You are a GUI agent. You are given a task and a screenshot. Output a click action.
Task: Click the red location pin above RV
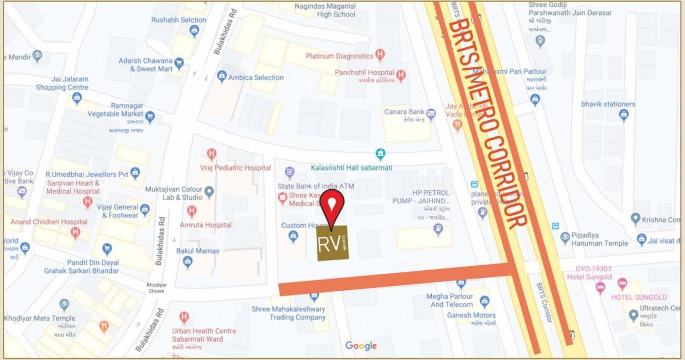tap(333, 205)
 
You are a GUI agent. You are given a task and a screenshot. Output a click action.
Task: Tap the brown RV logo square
tap(332, 243)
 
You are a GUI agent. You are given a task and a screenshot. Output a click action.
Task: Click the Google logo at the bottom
tap(361, 346)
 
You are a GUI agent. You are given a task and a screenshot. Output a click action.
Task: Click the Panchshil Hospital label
tap(365, 73)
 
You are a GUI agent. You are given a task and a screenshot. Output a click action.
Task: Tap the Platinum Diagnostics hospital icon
tap(380, 54)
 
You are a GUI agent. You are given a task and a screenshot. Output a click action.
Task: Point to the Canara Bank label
tap(405, 112)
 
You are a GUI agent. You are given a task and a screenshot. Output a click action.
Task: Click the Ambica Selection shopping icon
tap(221, 77)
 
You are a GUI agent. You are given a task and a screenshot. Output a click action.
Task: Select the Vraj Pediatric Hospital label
tap(235, 168)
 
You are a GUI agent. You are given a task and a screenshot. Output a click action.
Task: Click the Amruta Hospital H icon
tap(192, 211)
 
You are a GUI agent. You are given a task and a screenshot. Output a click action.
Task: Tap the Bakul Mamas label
tap(197, 251)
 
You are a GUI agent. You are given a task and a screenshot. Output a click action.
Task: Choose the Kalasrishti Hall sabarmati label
tap(351, 168)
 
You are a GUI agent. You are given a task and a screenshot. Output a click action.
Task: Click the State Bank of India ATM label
tap(316, 186)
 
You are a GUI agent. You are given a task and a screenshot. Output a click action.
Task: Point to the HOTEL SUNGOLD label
tap(638, 297)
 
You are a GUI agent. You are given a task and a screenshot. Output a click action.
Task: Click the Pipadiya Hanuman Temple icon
tap(565, 237)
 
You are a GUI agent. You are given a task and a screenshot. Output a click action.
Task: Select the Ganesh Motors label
tap(471, 315)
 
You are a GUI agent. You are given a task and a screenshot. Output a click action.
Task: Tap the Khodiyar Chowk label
tap(156, 287)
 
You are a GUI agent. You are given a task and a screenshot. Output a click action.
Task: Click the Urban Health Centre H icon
tap(184, 317)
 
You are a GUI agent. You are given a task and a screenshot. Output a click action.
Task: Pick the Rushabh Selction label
tap(178, 20)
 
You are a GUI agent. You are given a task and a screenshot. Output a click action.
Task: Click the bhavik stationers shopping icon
tap(623, 114)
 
